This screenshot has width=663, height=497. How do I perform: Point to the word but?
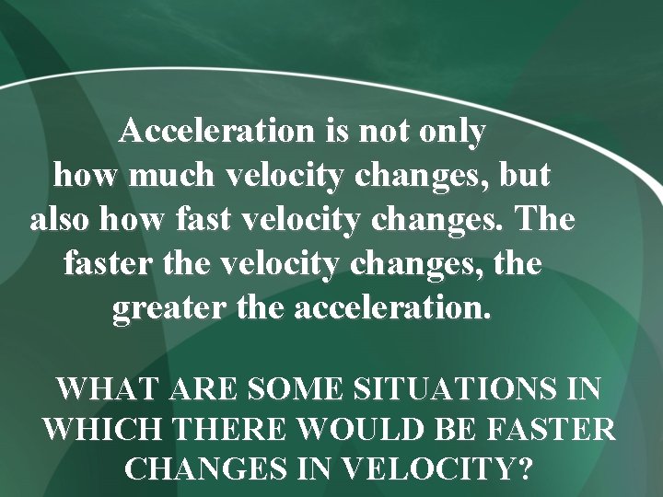point(526,175)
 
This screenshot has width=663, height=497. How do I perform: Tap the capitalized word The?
point(545,221)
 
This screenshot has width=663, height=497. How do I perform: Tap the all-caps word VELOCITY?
point(425,469)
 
